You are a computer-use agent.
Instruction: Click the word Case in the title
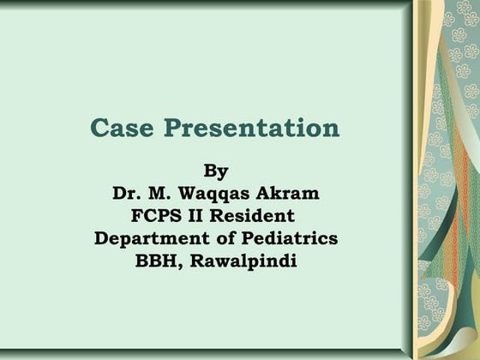click(123, 129)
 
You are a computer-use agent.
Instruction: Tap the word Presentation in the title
click(251, 129)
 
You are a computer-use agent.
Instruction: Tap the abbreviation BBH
click(156, 261)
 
